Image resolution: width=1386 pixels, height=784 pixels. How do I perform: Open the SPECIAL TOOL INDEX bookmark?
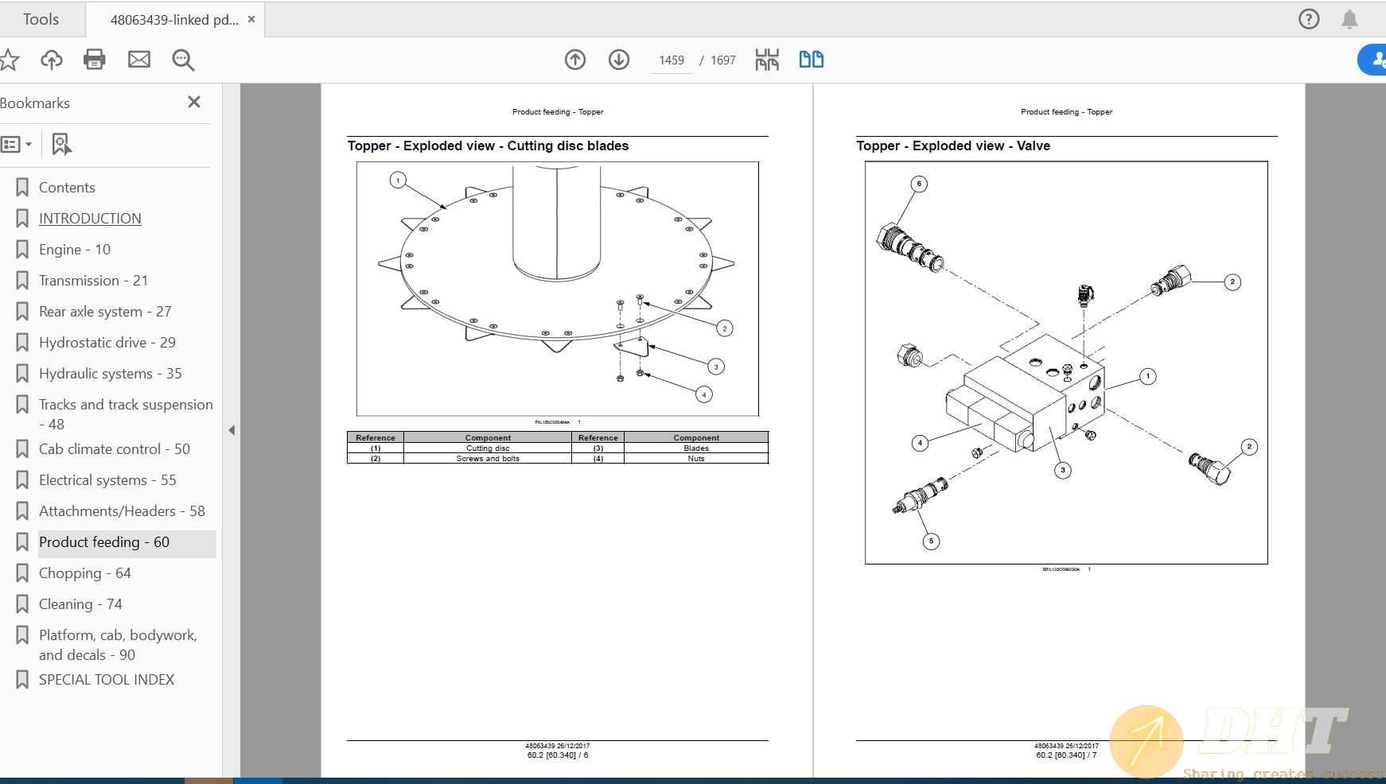click(x=106, y=680)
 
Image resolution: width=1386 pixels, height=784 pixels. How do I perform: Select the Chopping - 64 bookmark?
click(x=84, y=573)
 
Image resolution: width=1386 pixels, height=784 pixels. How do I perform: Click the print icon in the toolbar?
click(x=95, y=60)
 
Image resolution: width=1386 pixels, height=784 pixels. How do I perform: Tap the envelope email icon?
click(x=139, y=60)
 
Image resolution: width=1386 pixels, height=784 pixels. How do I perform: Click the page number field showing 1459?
click(x=671, y=60)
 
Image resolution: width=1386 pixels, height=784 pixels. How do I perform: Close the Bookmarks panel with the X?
click(x=193, y=102)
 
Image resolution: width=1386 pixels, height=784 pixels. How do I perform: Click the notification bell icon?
click(x=1349, y=19)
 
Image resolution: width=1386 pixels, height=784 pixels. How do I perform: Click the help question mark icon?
click(x=1308, y=19)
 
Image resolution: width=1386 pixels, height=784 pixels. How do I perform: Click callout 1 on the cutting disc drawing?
click(x=398, y=180)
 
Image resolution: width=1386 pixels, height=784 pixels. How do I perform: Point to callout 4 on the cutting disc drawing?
click(x=703, y=394)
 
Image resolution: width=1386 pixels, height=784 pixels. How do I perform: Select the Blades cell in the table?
click(x=696, y=448)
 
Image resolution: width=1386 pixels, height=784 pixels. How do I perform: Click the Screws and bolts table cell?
click(x=488, y=459)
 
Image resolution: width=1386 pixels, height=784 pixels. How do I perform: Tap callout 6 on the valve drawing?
click(x=919, y=184)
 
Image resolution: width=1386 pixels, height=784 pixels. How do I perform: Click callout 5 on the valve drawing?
click(x=931, y=541)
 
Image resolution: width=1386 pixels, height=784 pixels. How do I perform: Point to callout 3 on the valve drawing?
click(x=1062, y=470)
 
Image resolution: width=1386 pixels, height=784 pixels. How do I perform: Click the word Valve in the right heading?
click(x=1033, y=146)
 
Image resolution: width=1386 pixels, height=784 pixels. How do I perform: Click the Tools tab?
click(x=41, y=19)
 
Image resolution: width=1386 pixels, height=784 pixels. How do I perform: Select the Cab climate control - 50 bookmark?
click(x=114, y=449)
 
